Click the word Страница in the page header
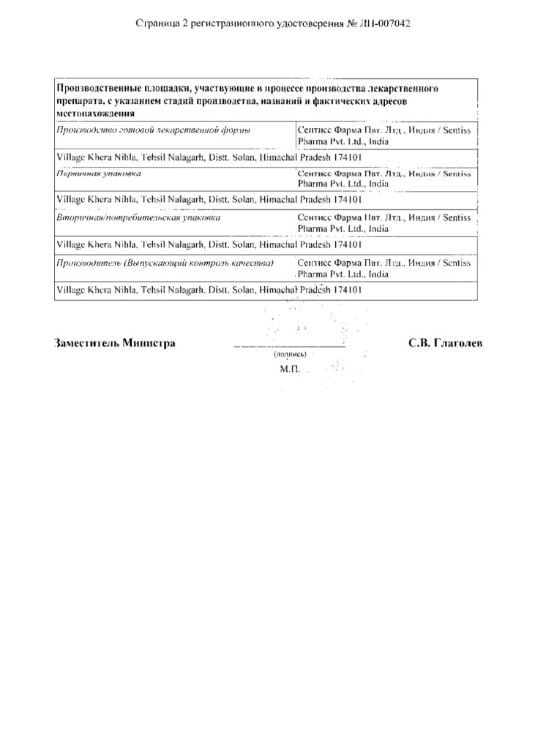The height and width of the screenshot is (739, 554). [x=158, y=23]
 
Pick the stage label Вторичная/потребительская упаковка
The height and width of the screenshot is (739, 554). [x=138, y=217]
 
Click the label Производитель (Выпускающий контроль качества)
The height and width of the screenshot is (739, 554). [x=165, y=262]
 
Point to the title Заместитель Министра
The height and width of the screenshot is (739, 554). [x=115, y=342]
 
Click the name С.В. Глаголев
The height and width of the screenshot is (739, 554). [x=445, y=342]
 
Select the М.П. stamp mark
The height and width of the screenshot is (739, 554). [x=290, y=369]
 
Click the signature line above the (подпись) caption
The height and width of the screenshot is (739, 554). [x=288, y=345]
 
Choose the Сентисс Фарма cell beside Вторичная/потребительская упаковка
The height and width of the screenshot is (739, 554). [x=384, y=223]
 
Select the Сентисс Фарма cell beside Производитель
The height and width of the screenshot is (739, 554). [x=384, y=268]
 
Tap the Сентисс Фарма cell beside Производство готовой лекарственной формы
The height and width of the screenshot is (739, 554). [x=384, y=135]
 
